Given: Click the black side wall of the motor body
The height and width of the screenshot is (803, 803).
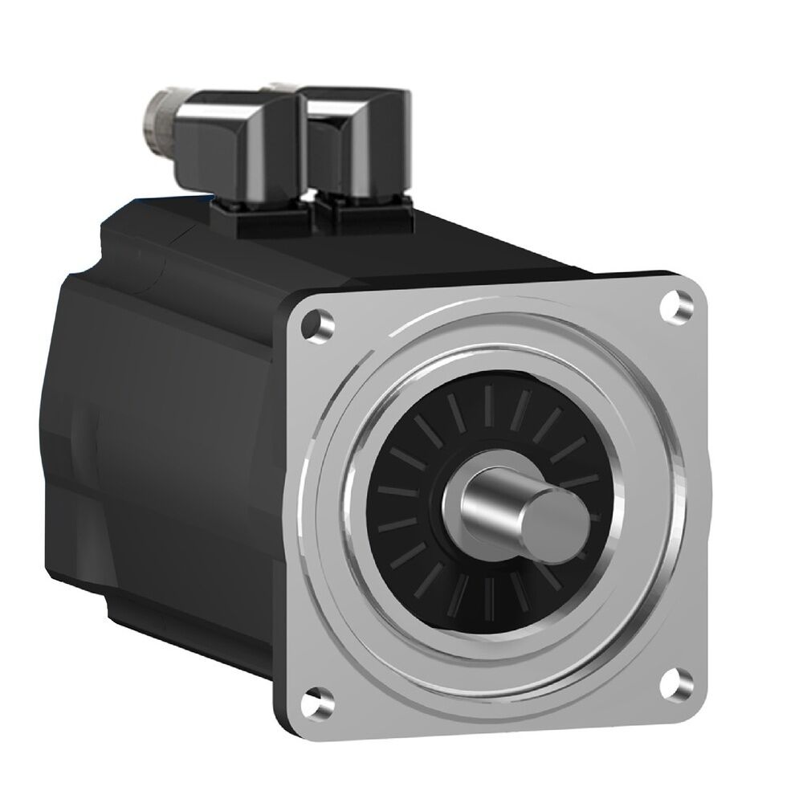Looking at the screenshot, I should coord(201,450).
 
